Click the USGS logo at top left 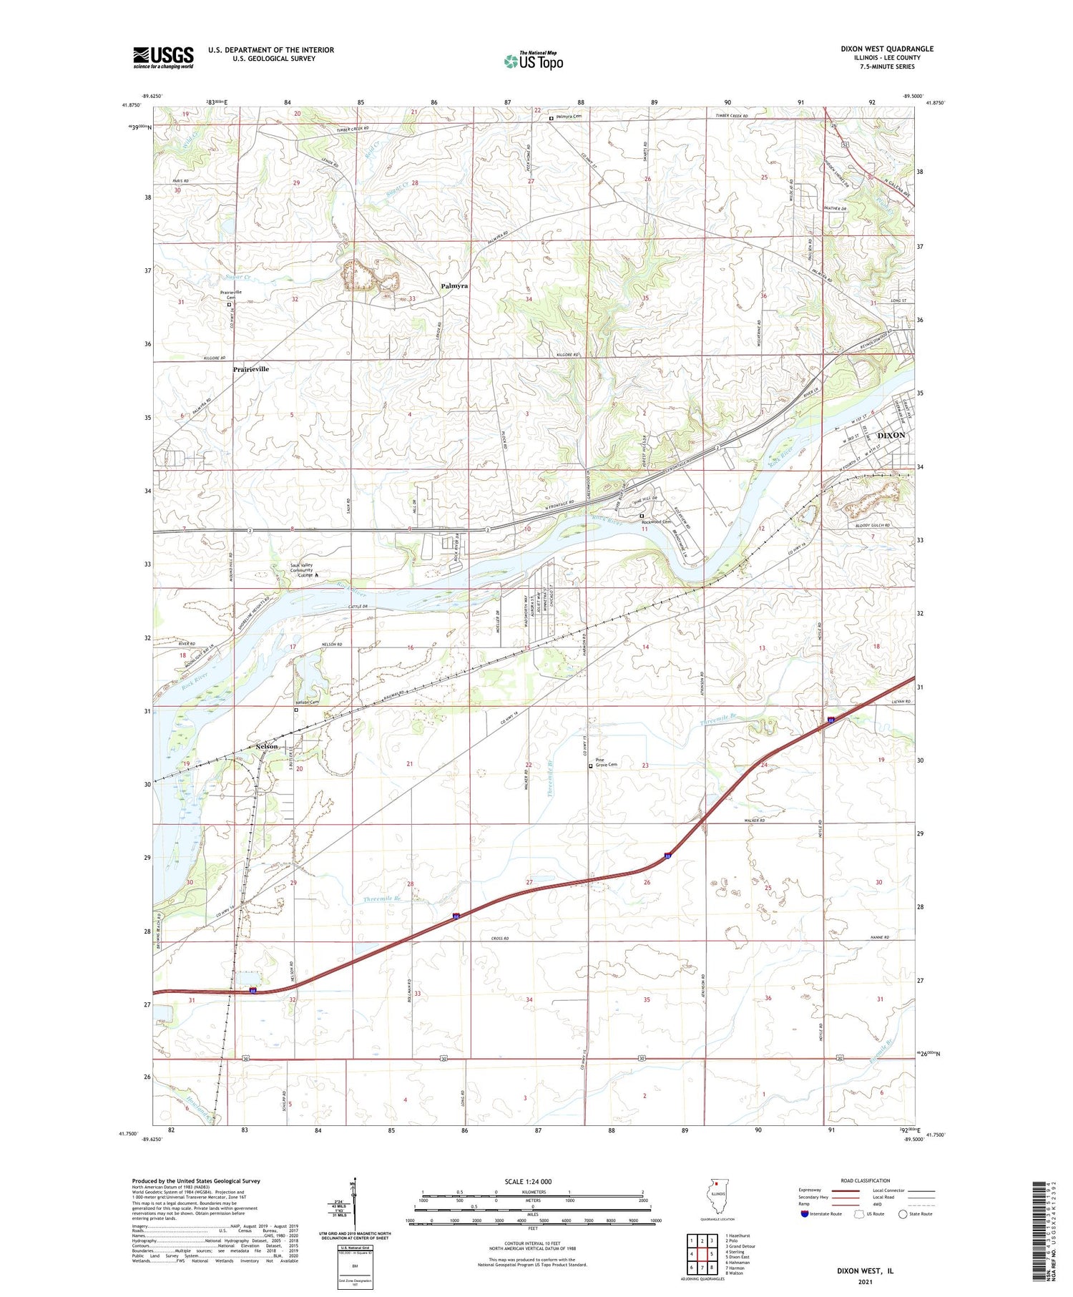pyautogui.click(x=163, y=57)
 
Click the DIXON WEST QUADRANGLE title pyautogui.click(x=887, y=49)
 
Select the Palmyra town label pyautogui.click(x=454, y=285)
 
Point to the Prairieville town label pyautogui.click(x=251, y=369)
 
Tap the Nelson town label pyautogui.click(x=266, y=746)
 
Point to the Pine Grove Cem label pyautogui.click(x=606, y=763)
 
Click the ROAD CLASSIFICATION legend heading pyautogui.click(x=866, y=1180)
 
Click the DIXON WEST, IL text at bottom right pyautogui.click(x=865, y=1271)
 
